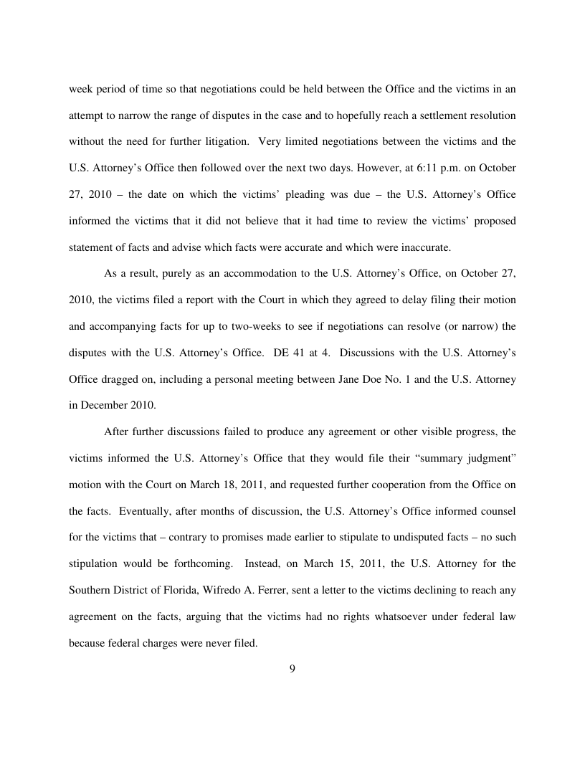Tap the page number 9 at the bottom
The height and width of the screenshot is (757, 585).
(292, 669)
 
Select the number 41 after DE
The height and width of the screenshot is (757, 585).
(295, 352)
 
